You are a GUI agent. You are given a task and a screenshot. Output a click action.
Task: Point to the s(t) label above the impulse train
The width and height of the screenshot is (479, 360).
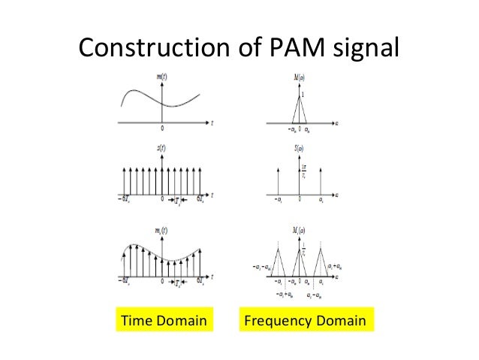pos(161,149)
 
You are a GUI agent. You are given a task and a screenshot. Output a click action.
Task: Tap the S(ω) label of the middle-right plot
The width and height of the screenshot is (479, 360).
pos(299,149)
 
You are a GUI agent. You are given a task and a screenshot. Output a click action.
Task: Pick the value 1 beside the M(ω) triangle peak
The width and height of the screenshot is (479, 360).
pos(304,95)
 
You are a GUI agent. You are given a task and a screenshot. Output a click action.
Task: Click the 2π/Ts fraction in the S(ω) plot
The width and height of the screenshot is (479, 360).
pos(305,174)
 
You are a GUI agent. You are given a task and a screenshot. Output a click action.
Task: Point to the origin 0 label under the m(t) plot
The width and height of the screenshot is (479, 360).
pos(162,128)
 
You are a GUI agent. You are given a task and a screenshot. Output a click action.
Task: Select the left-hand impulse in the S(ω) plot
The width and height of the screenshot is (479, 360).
pos(277,182)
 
